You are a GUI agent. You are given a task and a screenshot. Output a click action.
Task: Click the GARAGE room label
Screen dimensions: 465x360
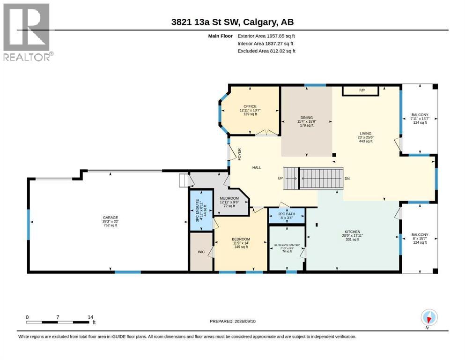111,217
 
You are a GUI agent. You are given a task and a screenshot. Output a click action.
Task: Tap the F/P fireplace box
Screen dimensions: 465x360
361,91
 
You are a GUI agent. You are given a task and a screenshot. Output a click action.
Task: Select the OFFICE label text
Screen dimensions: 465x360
250,106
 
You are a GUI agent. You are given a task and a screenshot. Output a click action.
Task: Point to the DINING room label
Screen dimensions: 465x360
307,118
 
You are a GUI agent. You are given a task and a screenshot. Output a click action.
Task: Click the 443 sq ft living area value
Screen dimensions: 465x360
366,141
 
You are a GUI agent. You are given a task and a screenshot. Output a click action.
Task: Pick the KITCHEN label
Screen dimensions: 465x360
352,232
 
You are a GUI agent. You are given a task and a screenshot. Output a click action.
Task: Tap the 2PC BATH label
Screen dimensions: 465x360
287,214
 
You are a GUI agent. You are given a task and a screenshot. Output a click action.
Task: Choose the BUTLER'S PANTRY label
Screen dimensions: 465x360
287,245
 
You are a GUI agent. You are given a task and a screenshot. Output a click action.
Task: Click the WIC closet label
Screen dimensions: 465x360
201,252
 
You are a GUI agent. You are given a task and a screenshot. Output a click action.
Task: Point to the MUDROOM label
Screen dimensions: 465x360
229,198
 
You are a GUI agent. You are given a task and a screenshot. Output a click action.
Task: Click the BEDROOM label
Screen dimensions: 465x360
241,239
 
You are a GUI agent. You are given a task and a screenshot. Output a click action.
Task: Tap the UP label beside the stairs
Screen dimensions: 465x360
280,179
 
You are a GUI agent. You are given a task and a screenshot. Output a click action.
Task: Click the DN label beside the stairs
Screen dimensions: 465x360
347,179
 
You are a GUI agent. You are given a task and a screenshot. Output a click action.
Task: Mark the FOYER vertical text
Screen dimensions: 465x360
239,154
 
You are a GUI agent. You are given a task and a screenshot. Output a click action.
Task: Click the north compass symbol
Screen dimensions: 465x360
429,318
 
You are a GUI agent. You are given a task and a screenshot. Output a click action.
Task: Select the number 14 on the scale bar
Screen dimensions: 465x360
90,317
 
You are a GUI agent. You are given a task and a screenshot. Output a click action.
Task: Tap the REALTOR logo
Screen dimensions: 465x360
27,32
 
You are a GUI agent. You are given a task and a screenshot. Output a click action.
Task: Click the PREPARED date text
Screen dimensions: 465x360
232,321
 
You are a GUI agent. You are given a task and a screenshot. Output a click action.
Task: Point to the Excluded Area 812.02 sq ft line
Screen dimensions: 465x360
266,51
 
